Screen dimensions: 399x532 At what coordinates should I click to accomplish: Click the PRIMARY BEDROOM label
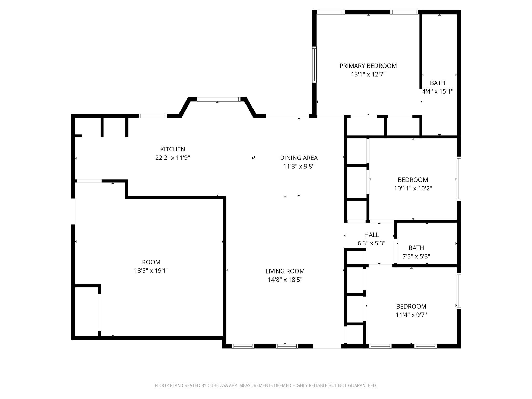(x=368, y=66)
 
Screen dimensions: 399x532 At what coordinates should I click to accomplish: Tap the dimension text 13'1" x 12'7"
(x=368, y=75)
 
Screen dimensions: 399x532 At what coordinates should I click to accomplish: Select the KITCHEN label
(x=172, y=149)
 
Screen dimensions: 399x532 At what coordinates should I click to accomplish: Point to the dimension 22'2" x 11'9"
(x=172, y=158)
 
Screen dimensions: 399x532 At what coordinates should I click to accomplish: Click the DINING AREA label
(x=299, y=158)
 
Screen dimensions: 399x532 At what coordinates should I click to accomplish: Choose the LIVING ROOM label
(x=285, y=271)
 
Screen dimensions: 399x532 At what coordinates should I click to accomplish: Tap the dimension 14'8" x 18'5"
(x=285, y=280)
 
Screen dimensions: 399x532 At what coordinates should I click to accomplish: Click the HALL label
(x=371, y=235)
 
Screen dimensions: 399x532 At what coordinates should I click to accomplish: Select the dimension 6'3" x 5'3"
(x=371, y=243)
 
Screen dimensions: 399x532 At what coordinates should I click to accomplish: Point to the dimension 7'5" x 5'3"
(x=416, y=257)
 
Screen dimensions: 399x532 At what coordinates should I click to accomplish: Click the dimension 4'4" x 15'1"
(x=437, y=91)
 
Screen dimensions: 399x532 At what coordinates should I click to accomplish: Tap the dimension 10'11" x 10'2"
(x=413, y=188)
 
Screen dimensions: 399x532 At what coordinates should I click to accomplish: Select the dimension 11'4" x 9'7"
(x=411, y=315)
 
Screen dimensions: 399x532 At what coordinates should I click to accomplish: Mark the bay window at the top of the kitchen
(x=219, y=99)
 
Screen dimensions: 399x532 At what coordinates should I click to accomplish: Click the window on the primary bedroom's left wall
(x=314, y=65)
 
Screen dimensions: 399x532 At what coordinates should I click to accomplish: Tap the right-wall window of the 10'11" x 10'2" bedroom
(x=459, y=179)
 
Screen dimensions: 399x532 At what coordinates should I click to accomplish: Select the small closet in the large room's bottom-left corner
(x=86, y=311)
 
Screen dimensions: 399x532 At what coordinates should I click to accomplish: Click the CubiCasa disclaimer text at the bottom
(x=266, y=385)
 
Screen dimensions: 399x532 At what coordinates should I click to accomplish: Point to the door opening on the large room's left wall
(x=73, y=211)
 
